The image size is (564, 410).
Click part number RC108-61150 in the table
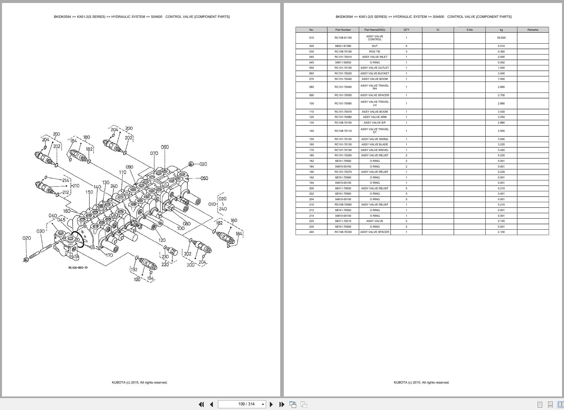click(x=343, y=38)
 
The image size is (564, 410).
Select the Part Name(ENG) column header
click(x=375, y=30)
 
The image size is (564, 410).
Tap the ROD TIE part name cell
click(x=375, y=52)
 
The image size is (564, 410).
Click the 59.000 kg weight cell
click(x=501, y=38)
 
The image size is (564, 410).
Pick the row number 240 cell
click(x=311, y=232)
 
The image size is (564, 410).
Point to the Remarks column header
click(x=533, y=30)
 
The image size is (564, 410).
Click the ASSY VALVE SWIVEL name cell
click(x=375, y=150)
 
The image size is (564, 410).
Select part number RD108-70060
click(x=343, y=205)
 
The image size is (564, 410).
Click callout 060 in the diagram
click(x=165, y=147)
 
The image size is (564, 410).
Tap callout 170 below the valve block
click(x=109, y=255)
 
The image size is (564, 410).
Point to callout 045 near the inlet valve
click(x=61, y=220)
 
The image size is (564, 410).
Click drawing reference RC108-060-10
click(x=78, y=268)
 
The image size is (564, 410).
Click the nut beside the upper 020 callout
click(x=191, y=164)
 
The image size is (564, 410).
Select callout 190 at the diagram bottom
click(x=137, y=280)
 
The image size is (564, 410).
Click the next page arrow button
click(x=271, y=404)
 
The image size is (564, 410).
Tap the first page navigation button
click(x=201, y=404)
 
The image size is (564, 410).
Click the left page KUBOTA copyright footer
click(x=139, y=383)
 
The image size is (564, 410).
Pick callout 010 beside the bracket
click(x=212, y=204)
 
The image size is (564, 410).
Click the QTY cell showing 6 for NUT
click(x=406, y=46)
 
